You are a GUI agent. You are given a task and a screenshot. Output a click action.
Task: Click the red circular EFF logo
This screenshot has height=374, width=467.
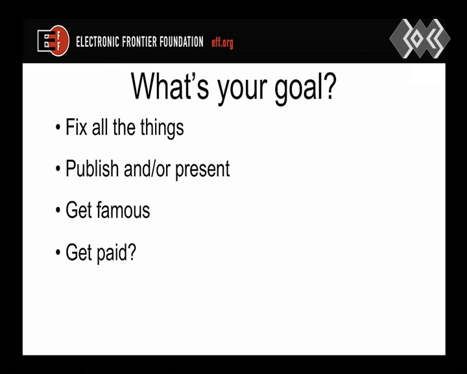[x=54, y=41]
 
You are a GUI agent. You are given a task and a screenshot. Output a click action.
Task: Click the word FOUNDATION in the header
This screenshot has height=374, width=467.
[x=182, y=42]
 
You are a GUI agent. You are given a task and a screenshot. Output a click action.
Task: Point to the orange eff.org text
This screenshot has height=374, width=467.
[x=222, y=44]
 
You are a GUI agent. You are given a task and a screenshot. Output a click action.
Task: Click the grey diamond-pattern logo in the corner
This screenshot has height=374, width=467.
[x=420, y=38]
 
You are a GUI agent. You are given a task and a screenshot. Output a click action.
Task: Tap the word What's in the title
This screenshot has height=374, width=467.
[x=170, y=86]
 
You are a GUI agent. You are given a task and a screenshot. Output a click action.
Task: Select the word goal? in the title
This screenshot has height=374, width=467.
[x=305, y=88]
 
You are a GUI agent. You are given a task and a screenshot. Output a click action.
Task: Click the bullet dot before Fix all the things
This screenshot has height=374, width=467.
[x=58, y=128]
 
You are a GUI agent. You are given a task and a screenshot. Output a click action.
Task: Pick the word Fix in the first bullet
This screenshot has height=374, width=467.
[x=77, y=127]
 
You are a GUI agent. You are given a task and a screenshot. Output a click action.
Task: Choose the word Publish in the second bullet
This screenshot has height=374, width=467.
[x=92, y=169]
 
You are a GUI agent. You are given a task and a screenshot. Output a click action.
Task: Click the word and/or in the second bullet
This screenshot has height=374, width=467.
[x=147, y=169]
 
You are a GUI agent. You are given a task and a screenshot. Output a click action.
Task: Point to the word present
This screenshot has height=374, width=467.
[x=202, y=170]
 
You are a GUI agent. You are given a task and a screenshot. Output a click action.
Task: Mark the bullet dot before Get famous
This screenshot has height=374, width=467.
[x=58, y=210]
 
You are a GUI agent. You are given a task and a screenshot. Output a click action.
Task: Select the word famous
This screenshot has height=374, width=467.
[x=123, y=210]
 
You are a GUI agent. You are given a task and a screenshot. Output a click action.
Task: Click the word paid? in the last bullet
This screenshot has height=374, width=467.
[x=117, y=253]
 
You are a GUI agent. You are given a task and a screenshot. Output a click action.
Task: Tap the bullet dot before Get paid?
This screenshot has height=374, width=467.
[x=58, y=253]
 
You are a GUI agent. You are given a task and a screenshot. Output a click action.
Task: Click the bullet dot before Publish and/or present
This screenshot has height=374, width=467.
[x=58, y=169]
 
